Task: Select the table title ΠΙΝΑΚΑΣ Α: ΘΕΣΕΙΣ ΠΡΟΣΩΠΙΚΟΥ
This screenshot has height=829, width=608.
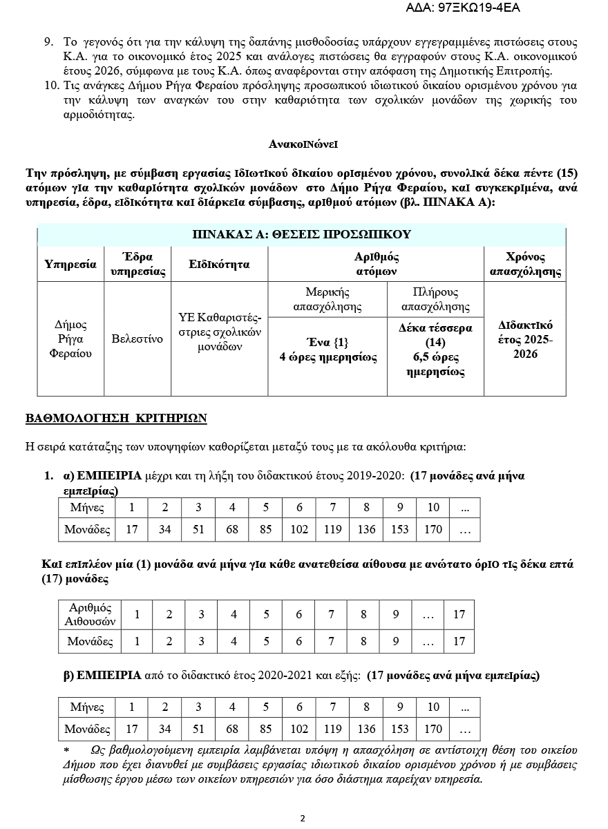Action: (301, 234)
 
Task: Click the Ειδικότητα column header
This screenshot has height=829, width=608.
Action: (219, 264)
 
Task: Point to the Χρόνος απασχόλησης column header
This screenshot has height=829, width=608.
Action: (525, 264)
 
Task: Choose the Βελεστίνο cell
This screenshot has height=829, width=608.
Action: (137, 339)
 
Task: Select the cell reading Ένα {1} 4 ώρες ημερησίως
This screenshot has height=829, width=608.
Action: (327, 350)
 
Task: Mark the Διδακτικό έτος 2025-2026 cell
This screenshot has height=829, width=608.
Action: (525, 339)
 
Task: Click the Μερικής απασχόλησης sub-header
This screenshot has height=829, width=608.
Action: (327, 299)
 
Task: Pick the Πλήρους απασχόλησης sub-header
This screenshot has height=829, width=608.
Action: (435, 299)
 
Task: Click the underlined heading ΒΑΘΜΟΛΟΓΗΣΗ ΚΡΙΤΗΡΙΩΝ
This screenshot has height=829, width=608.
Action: (116, 419)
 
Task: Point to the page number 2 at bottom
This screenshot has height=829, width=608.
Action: (303, 819)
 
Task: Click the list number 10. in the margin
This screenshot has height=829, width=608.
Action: (51, 86)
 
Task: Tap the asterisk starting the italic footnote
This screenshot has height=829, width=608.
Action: (66, 750)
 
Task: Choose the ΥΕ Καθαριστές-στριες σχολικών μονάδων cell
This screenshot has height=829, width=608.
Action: (219, 332)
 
